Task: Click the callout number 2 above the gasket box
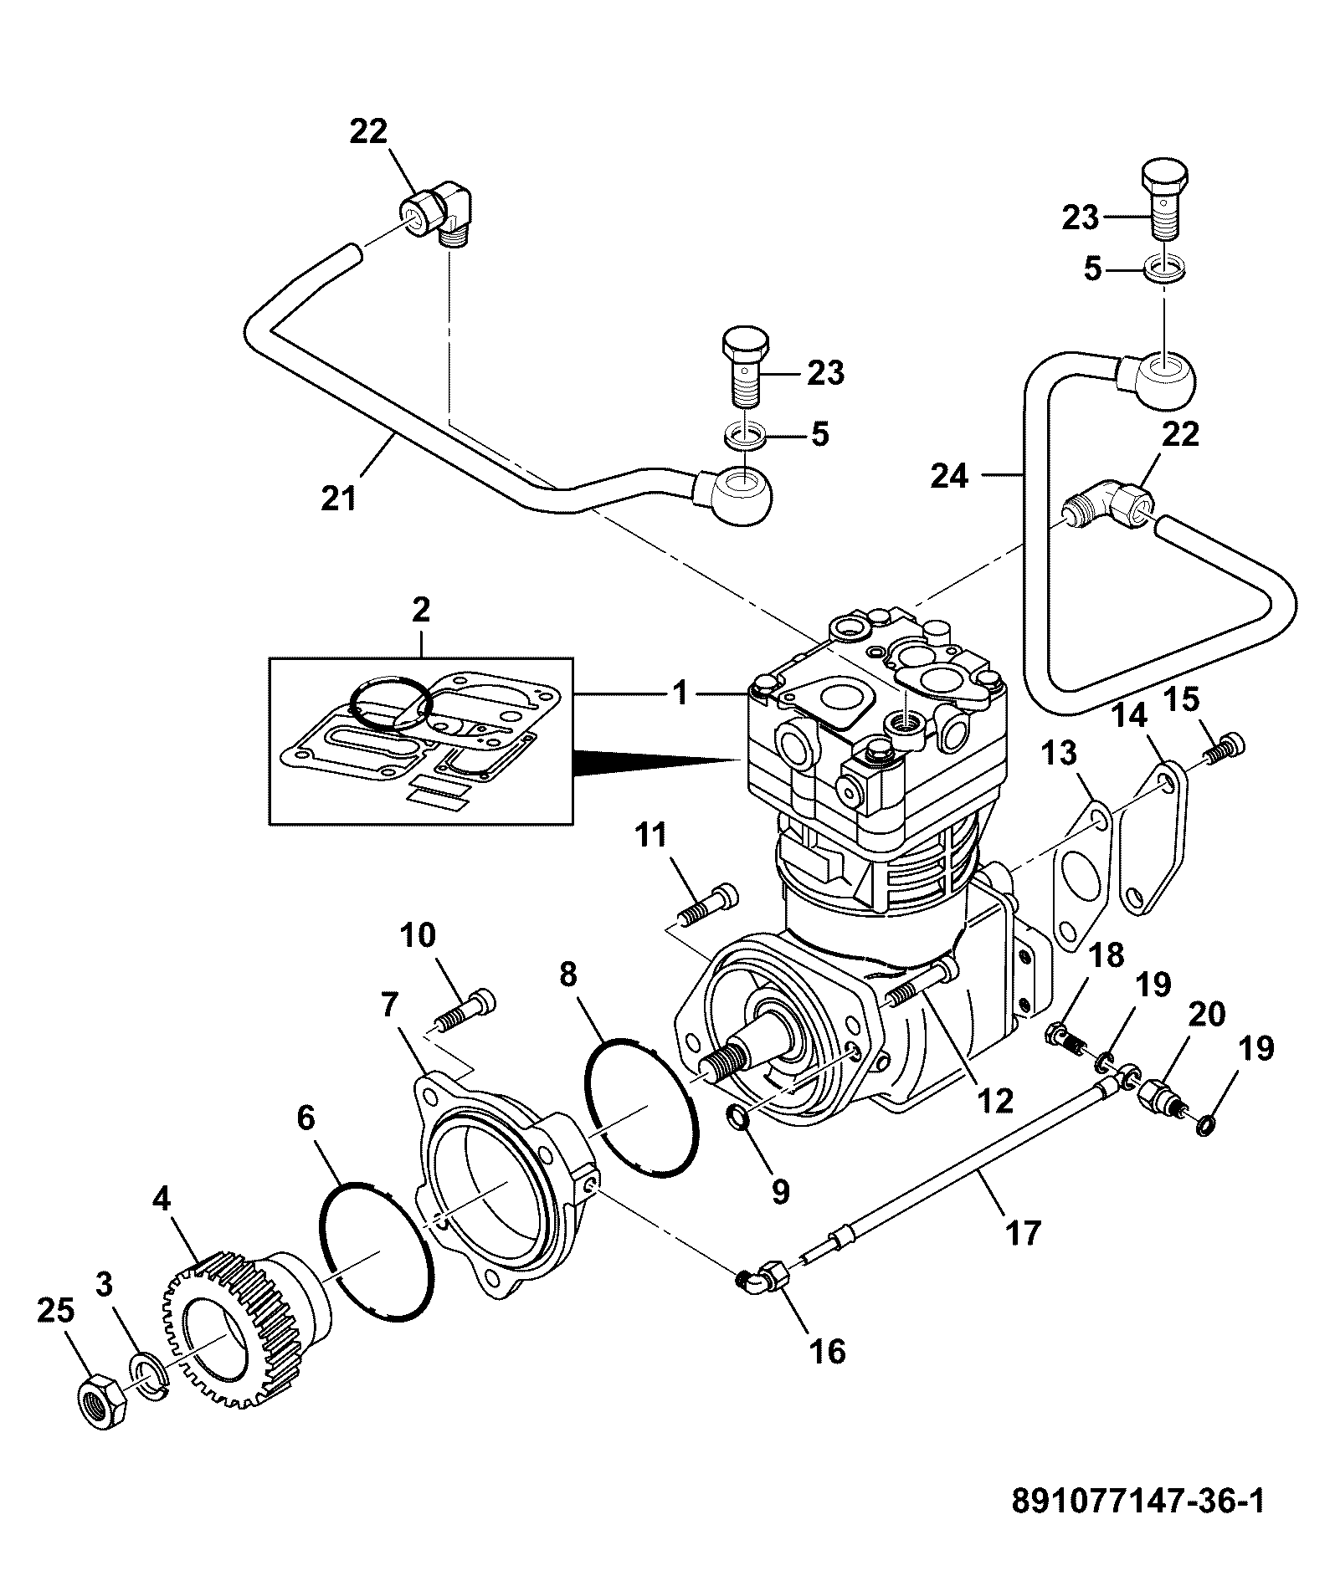click(420, 609)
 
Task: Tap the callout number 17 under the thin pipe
click(1022, 1232)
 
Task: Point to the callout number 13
click(1058, 754)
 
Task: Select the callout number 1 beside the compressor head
click(682, 693)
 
